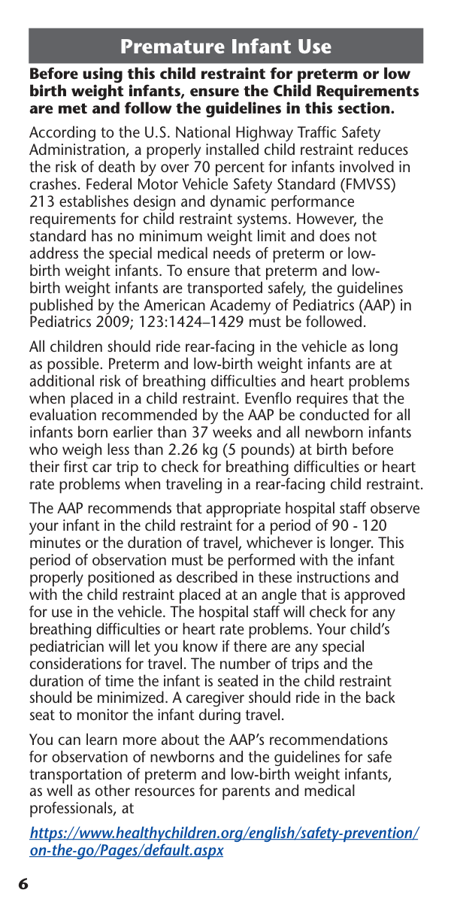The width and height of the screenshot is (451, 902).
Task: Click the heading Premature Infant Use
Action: pos(225,47)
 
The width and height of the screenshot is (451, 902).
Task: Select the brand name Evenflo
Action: pos(297,399)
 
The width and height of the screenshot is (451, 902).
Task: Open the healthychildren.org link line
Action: pos(224,834)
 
